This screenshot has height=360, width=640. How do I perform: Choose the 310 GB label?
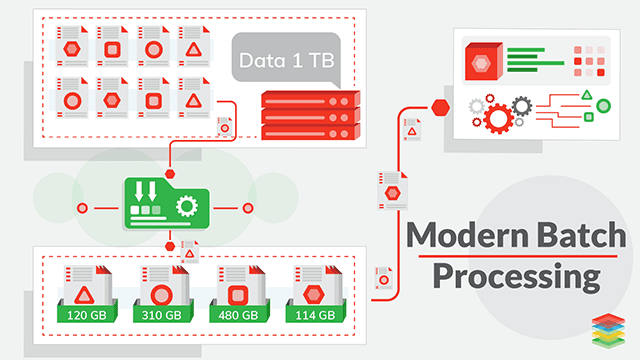162,314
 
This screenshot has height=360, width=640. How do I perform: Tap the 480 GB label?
238,314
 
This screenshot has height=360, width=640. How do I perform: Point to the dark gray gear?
520,104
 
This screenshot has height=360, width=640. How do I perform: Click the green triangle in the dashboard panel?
587,94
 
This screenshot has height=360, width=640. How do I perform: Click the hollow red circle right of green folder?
249,208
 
